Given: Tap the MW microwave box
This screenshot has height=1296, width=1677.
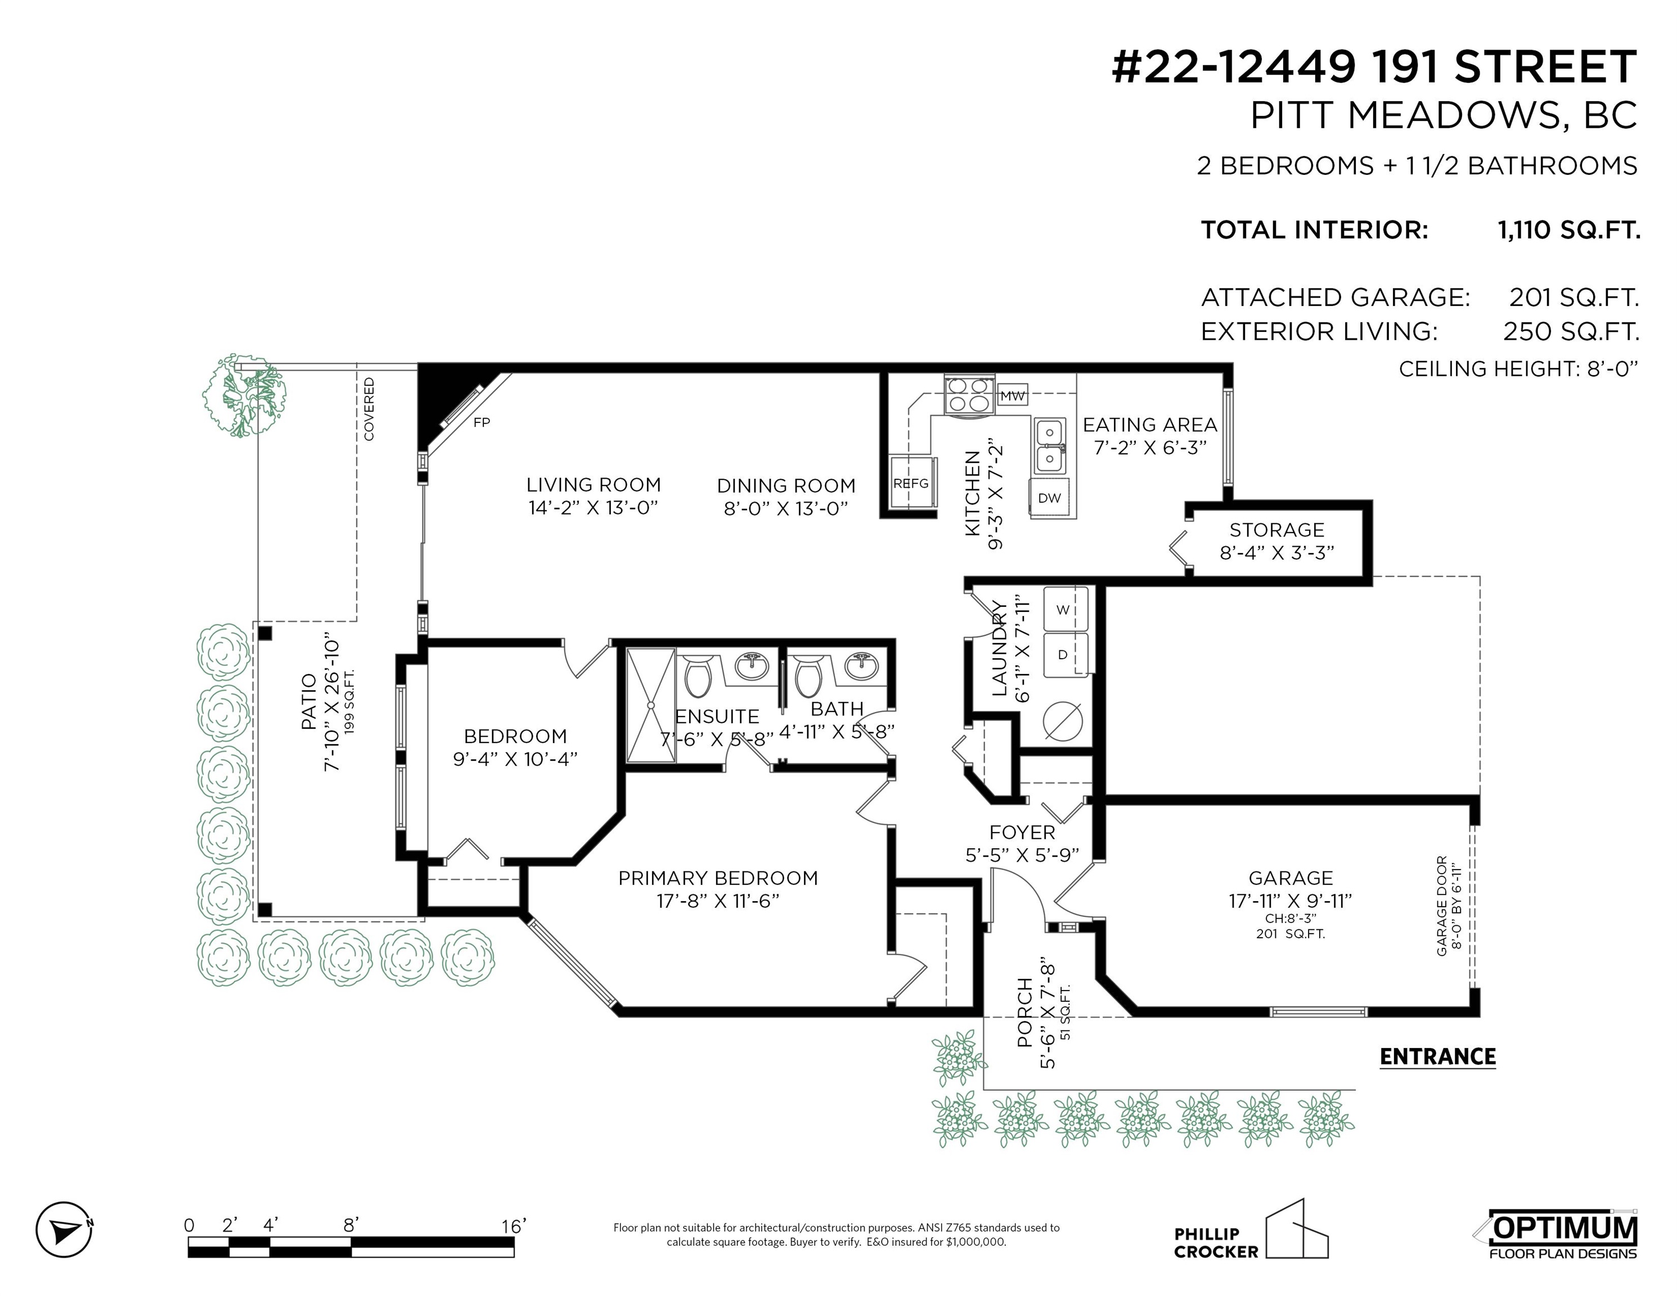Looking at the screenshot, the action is (x=1013, y=396).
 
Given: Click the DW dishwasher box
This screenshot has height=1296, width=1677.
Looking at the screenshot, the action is (x=1050, y=497).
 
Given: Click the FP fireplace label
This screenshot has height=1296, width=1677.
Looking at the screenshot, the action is (x=482, y=422).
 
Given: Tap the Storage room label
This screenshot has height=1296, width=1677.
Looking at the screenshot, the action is (x=1277, y=530).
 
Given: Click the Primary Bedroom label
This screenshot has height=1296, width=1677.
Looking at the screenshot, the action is (x=718, y=877).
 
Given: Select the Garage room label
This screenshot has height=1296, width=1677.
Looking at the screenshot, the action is (x=1290, y=877).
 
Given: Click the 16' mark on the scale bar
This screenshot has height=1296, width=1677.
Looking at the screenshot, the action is (x=513, y=1226).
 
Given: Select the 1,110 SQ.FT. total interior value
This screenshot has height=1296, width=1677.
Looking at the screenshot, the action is (x=1569, y=229).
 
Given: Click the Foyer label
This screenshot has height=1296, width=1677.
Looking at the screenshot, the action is (x=1022, y=832).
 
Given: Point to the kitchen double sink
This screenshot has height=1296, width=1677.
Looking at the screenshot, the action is (x=1049, y=446).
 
